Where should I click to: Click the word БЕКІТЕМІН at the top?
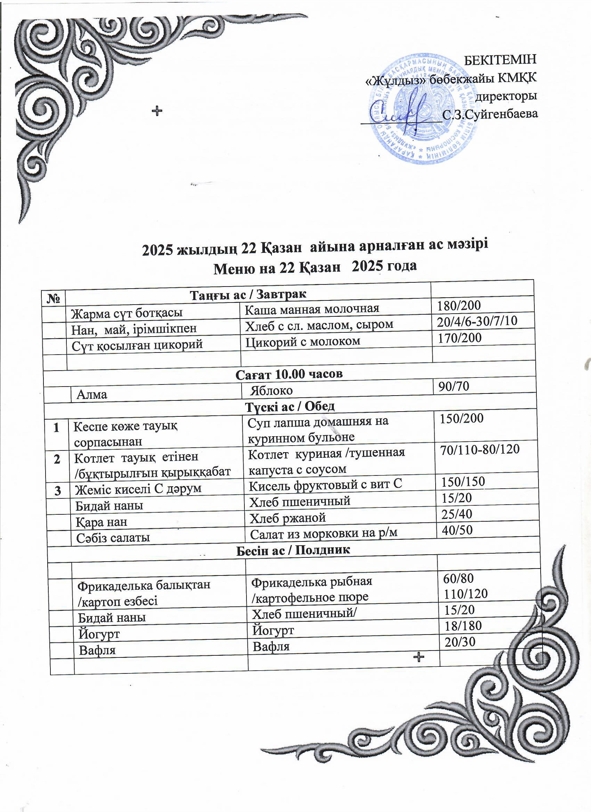pyautogui.click(x=501, y=59)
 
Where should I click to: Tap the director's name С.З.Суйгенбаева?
pyautogui.click(x=490, y=114)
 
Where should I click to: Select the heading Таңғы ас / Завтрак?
pyautogui.click(x=248, y=295)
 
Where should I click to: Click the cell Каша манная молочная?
pyautogui.click(x=312, y=309)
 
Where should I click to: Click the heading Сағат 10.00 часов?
pyautogui.click(x=289, y=374)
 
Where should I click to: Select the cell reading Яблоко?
pyautogui.click(x=271, y=390)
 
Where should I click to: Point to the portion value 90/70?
pyautogui.click(x=451, y=386)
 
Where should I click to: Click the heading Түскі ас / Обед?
pyautogui.click(x=290, y=407)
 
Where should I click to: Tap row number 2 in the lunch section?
pyautogui.click(x=57, y=459)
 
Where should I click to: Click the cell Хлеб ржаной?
pyautogui.click(x=288, y=518)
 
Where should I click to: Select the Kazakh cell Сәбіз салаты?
pyautogui.click(x=113, y=538)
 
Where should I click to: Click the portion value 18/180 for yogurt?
pyautogui.click(x=463, y=625)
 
